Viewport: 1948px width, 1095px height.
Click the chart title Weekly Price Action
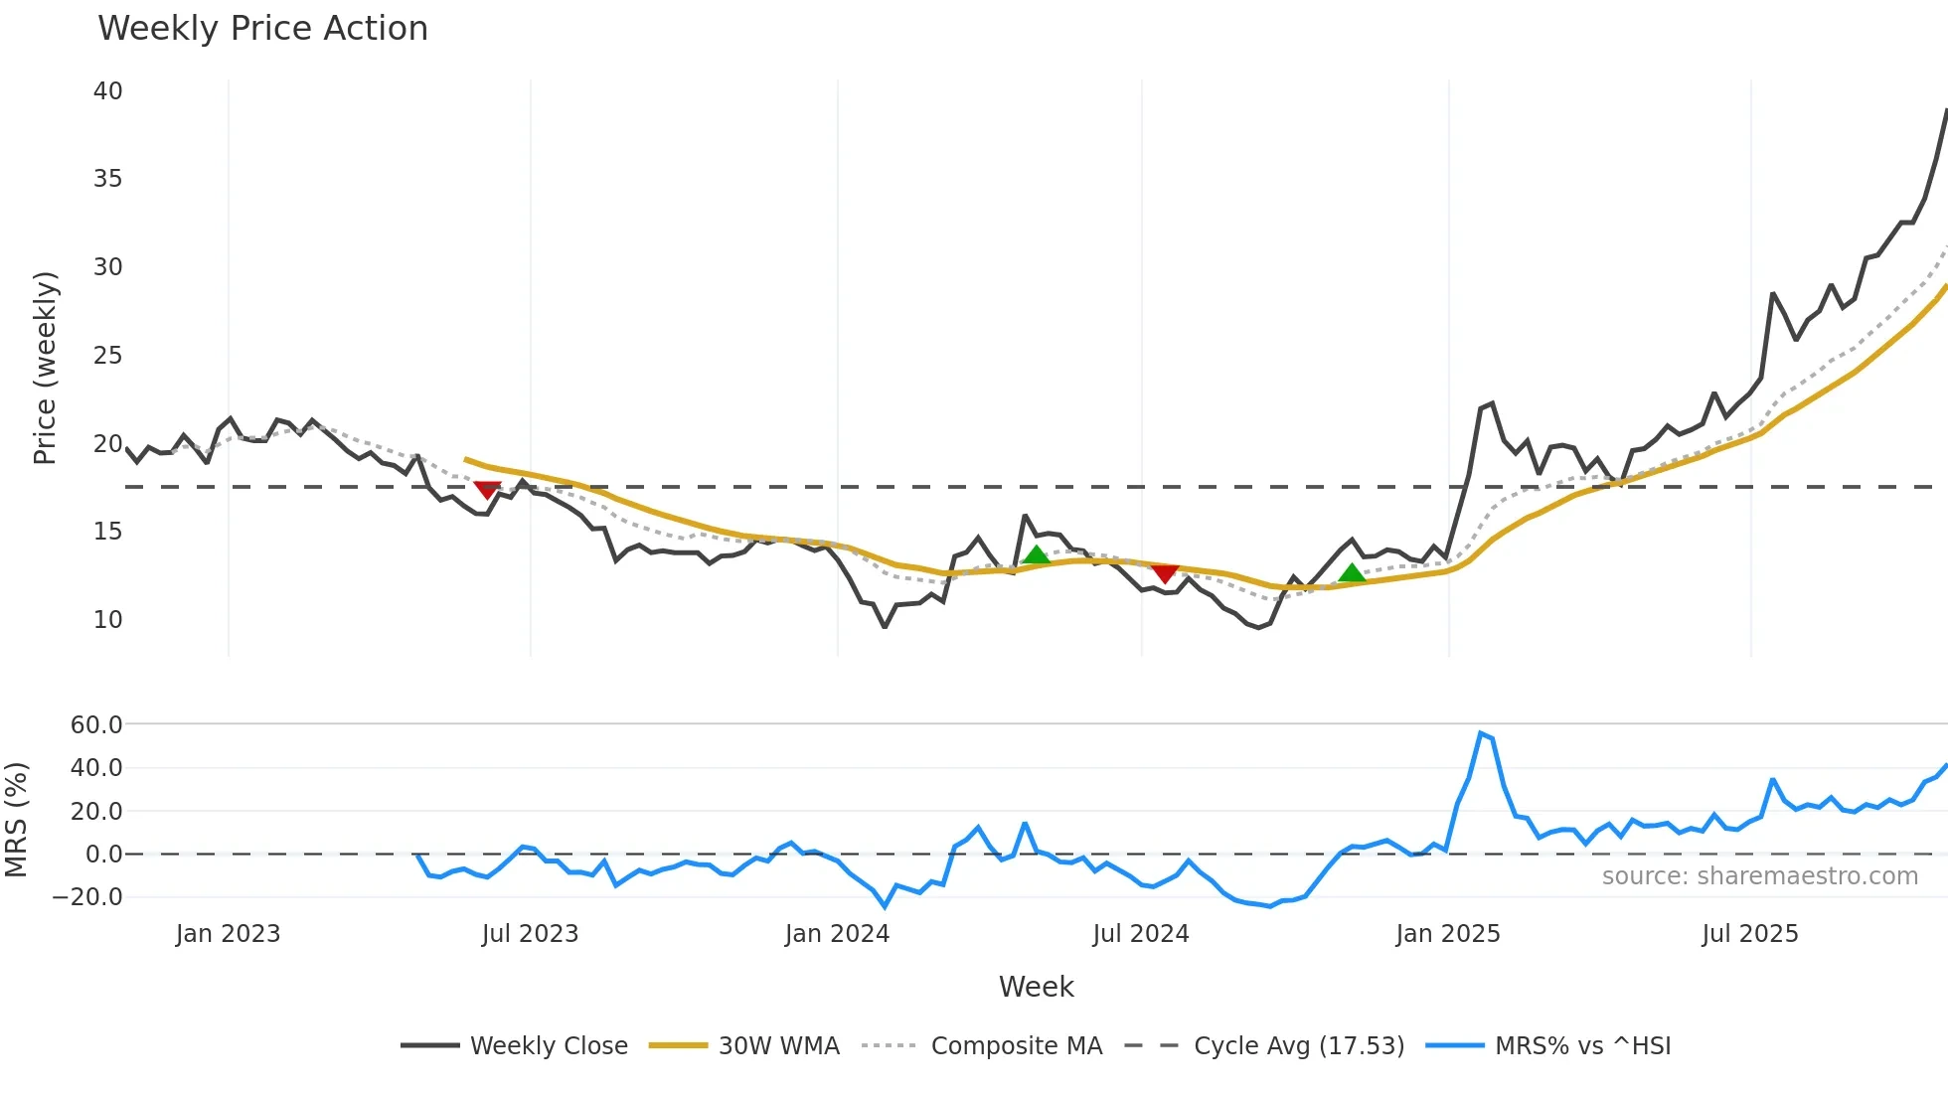pyautogui.click(x=262, y=29)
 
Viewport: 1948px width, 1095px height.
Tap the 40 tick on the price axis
pyautogui.click(x=107, y=91)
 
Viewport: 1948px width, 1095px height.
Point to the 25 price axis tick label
pyautogui.click(x=107, y=356)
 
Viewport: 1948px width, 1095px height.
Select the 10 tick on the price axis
pyautogui.click(x=107, y=620)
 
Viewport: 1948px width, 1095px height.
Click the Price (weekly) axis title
pyautogui.click(x=46, y=368)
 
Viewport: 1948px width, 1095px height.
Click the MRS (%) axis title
pyautogui.click(x=16, y=820)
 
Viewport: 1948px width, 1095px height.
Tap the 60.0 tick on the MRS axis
pyautogui.click(x=96, y=725)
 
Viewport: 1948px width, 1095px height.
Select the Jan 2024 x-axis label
pyautogui.click(x=837, y=934)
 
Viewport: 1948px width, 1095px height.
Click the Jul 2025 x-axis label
pyautogui.click(x=1749, y=934)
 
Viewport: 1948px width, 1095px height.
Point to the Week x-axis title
pyautogui.click(x=1036, y=987)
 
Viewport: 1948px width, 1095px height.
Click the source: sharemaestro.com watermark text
pyautogui.click(x=1759, y=876)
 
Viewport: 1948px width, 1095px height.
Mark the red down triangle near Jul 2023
pyautogui.click(x=487, y=490)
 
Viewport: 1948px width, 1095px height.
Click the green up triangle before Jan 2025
pyautogui.click(x=1352, y=572)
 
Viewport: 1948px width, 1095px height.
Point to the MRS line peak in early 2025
pyautogui.click(x=1481, y=733)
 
